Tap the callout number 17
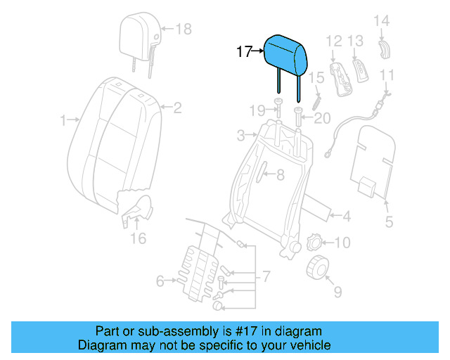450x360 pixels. [x=243, y=51]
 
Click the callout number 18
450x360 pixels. [x=183, y=29]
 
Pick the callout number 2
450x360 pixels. [x=177, y=108]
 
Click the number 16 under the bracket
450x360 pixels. [x=139, y=238]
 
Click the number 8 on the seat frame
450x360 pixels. [x=279, y=176]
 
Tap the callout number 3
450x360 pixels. [x=241, y=134]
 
